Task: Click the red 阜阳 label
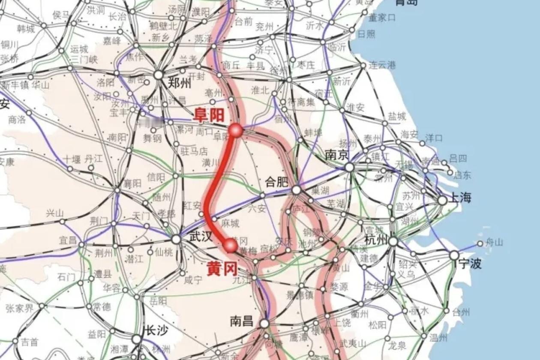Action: tap(209, 115)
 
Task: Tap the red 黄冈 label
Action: tap(222, 268)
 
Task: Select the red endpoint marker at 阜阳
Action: tap(235, 130)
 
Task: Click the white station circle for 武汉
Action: tap(176, 239)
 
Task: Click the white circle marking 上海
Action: tap(442, 200)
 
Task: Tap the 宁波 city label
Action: tap(470, 263)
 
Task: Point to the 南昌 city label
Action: tap(242, 321)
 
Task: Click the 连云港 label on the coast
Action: tap(382, 65)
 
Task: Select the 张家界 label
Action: tap(19, 308)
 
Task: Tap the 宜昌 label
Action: tap(68, 240)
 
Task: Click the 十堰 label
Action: tap(71, 159)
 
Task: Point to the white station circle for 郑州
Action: tap(159, 75)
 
